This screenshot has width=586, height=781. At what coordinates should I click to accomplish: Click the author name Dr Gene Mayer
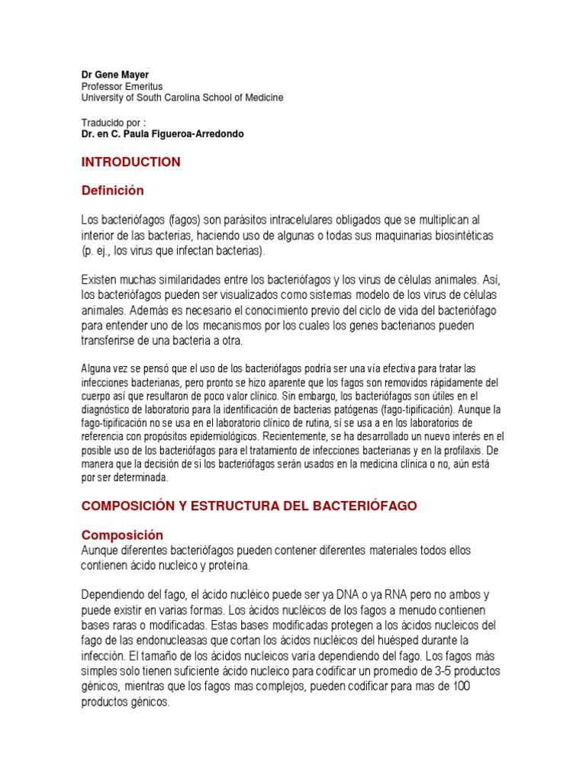tap(115, 76)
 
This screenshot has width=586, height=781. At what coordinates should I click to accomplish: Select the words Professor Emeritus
tap(122, 87)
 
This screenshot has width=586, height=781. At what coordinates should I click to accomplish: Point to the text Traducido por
tap(112, 123)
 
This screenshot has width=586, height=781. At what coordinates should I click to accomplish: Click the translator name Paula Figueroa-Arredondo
tap(191, 134)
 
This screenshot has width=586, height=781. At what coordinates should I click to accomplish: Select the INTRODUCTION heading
tap(130, 162)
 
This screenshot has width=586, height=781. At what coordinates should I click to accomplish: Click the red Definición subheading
tap(112, 190)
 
